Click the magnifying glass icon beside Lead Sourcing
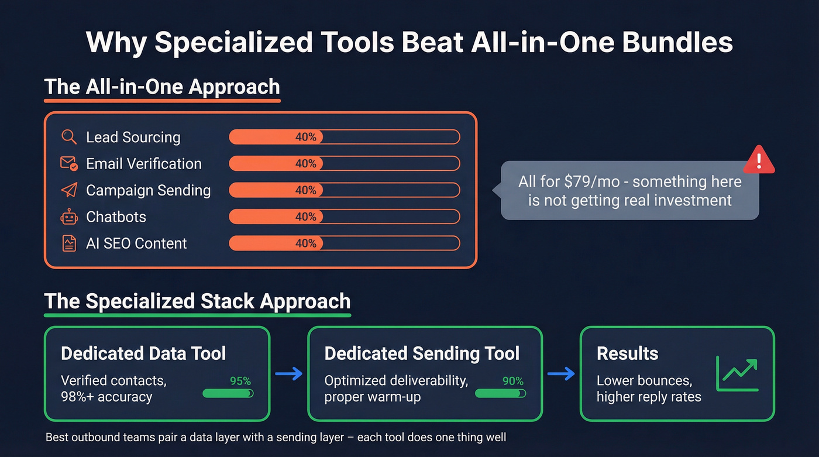tap(69, 137)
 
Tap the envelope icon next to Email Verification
tap(69, 164)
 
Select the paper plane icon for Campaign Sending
tap(69, 190)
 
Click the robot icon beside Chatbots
tap(69, 217)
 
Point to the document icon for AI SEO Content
tap(69, 243)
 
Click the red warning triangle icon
tap(758, 160)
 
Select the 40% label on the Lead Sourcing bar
tap(305, 137)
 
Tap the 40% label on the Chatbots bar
tap(305, 217)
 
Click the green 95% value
tap(240, 381)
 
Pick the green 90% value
tap(513, 381)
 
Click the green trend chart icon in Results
tap(737, 374)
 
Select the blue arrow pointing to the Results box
tap(561, 374)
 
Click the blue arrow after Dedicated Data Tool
tap(288, 374)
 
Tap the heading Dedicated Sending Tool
tap(422, 353)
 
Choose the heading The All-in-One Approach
tap(162, 87)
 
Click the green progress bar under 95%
tap(228, 394)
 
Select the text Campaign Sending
tap(148, 190)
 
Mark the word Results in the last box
tap(627, 353)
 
